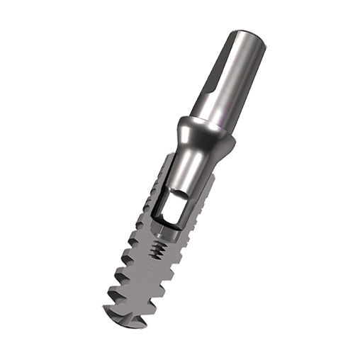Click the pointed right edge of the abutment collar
click(231, 138)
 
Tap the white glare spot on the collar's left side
click(185, 129)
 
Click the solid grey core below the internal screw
click(145, 283)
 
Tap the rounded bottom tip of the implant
click(124, 320)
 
